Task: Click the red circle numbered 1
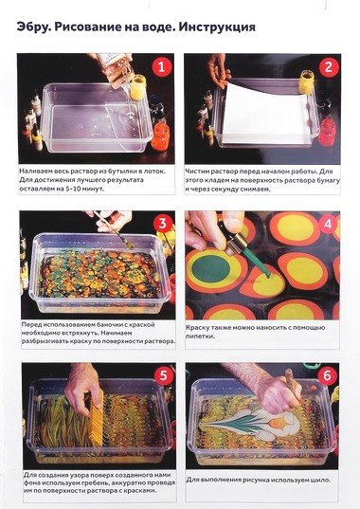coord(161,67)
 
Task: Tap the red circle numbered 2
coord(329,67)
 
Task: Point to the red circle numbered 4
coord(328,224)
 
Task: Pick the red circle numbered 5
coord(164,375)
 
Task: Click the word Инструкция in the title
coord(217,27)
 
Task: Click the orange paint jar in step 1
coord(160,136)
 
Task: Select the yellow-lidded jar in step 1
coord(137,87)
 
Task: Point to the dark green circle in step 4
coord(211,268)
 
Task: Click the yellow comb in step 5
coord(96,418)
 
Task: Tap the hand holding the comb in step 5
coord(82,390)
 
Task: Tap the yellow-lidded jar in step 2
coord(306,82)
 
